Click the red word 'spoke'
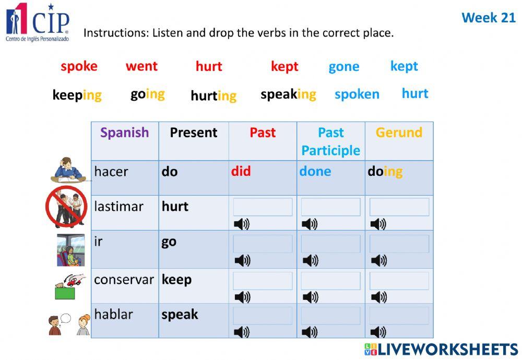click(x=79, y=66)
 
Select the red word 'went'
click(x=141, y=66)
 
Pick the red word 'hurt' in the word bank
click(x=209, y=66)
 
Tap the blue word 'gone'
click(x=343, y=67)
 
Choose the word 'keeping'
click(x=77, y=95)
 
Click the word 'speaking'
click(x=288, y=94)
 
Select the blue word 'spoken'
click(x=357, y=94)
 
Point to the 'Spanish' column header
click(x=125, y=133)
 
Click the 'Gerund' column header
click(x=399, y=133)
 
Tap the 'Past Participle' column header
click(x=331, y=141)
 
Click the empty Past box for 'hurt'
click(x=263, y=207)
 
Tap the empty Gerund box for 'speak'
click(x=399, y=316)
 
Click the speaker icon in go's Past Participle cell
click(x=310, y=260)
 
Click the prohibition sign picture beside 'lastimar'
click(x=66, y=207)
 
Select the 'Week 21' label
click(x=488, y=18)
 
